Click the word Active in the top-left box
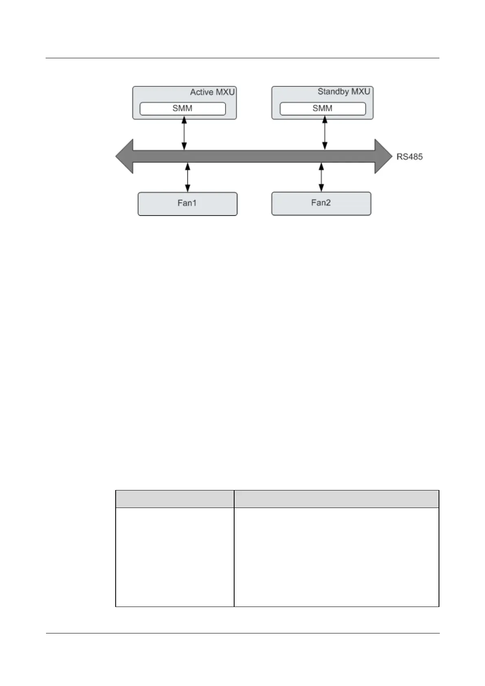[202, 92]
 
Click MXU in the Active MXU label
[224, 92]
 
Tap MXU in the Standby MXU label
[360, 92]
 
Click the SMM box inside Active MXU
[182, 108]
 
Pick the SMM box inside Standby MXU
[323, 108]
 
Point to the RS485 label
[409, 156]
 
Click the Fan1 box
[187, 204]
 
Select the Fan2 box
[321, 203]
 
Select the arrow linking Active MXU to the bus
[184, 133]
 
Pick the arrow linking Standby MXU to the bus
[325, 133]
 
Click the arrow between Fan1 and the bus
[188, 177]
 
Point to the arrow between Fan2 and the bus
[321, 177]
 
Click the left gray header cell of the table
[175, 499]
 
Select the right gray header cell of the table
[336, 499]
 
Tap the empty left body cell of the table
[175, 557]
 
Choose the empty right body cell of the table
[336, 557]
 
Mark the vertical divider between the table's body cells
[234, 557]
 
